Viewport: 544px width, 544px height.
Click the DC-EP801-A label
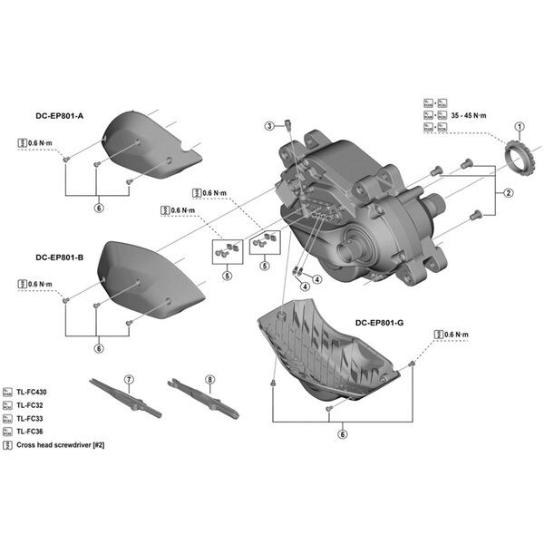(58, 117)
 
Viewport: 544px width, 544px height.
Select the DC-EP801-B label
(58, 257)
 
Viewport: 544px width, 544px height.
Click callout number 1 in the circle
(520, 127)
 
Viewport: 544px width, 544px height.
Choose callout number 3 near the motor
(269, 124)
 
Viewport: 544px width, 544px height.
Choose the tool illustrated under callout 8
(203, 400)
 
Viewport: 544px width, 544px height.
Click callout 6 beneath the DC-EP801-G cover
(342, 434)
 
